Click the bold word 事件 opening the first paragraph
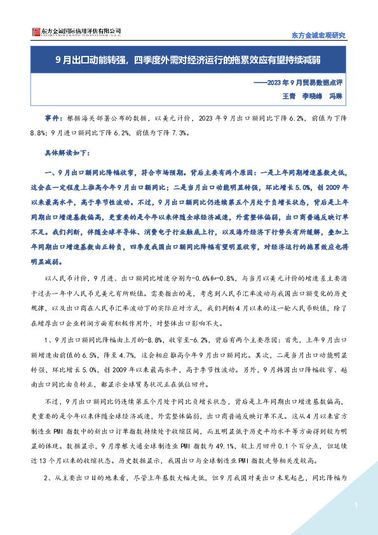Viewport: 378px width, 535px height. pos(52,118)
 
